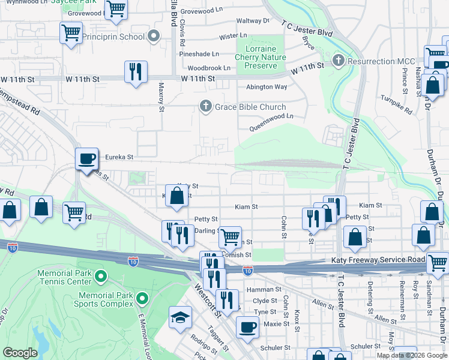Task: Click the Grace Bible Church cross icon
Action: (205, 107)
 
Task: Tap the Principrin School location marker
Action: (154, 37)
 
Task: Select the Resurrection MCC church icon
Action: (339, 61)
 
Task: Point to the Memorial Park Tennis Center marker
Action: (101, 277)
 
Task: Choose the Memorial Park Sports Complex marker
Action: (142, 298)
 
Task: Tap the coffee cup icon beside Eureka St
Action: (87, 158)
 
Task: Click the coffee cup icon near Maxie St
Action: (247, 328)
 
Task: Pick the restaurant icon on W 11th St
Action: (136, 72)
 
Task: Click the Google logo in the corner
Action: (20, 353)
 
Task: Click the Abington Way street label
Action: (266, 87)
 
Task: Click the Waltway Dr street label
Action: (253, 20)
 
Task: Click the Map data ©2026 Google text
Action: (412, 355)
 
